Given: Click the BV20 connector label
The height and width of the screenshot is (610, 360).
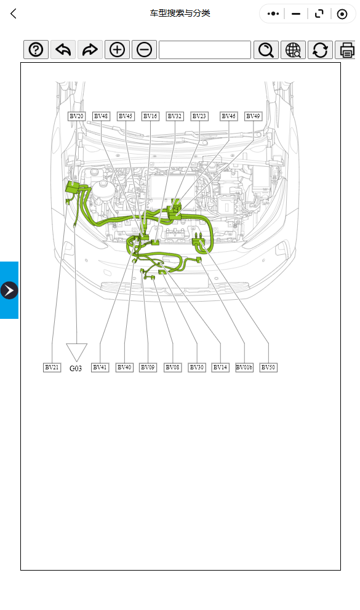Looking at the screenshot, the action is click(x=76, y=116).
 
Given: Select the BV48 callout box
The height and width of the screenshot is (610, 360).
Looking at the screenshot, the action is click(x=101, y=116).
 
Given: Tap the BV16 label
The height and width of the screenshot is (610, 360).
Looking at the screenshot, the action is click(x=150, y=116).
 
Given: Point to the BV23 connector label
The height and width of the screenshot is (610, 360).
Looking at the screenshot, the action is click(x=199, y=116).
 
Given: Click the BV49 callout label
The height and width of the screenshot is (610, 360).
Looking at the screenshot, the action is click(x=254, y=116).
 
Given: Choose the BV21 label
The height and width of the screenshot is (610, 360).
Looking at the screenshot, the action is click(x=52, y=367).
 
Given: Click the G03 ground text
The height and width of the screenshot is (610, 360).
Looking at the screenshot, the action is click(x=76, y=369).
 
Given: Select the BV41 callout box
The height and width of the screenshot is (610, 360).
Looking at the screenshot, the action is click(x=100, y=367).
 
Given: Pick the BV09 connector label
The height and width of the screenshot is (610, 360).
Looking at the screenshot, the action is click(x=148, y=367).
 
